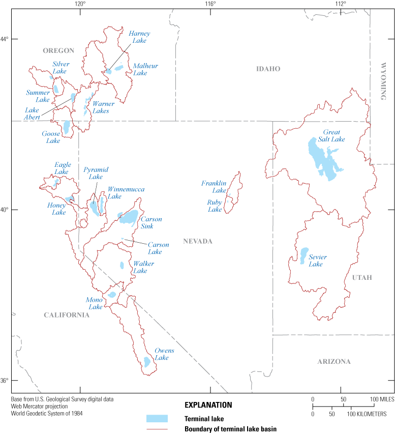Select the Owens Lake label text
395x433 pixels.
pyautogui.click(x=165, y=354)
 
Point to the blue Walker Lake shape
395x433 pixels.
pyautogui.click(x=122, y=265)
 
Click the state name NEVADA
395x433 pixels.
pyautogui.click(x=198, y=241)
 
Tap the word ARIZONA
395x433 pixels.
pyautogui.click(x=334, y=362)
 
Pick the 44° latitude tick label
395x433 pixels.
pyautogui.click(x=5, y=39)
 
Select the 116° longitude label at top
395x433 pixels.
pyautogui.click(x=210, y=4)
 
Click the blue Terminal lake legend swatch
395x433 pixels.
pyautogui.click(x=157, y=418)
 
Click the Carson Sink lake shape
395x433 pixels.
pyautogui.click(x=129, y=217)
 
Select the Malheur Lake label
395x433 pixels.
pyautogui.click(x=140, y=69)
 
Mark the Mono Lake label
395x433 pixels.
pyautogui.click(x=95, y=303)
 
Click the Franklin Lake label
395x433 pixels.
pyautogui.click(x=214, y=187)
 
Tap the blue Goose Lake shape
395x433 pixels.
pyautogui.click(x=67, y=127)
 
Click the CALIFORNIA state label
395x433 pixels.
pyautogui.click(x=66, y=315)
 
